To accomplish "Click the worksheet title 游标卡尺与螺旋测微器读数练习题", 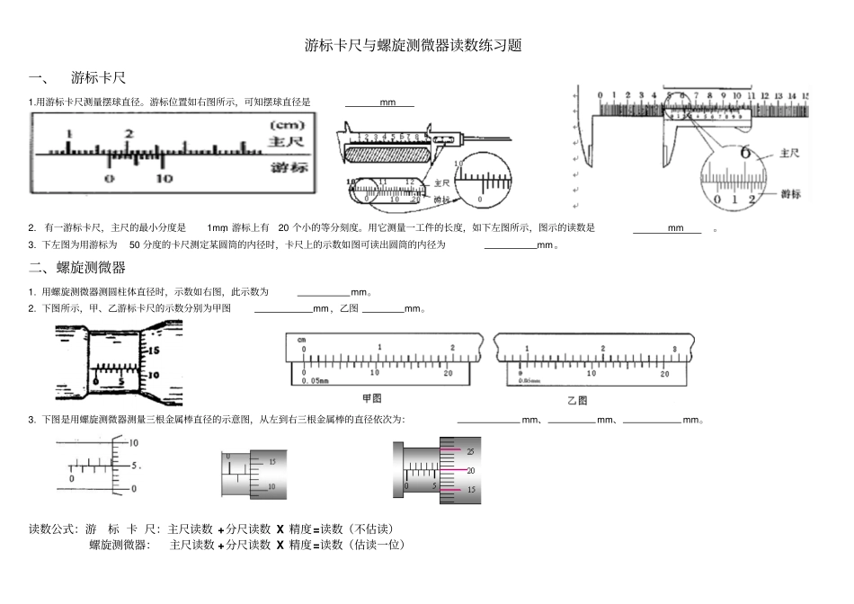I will pyautogui.click(x=414, y=45).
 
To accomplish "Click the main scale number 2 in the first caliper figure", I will pyautogui.click(x=128, y=134).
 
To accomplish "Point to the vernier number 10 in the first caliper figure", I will pyautogui.click(x=163, y=179).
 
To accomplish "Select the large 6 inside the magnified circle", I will pyautogui.click(x=744, y=152).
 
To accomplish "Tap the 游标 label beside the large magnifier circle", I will pyautogui.click(x=790, y=194).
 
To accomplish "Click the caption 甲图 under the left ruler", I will pyautogui.click(x=371, y=397).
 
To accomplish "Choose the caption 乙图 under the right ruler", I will pyautogui.click(x=577, y=399).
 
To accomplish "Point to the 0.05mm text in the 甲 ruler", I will pyautogui.click(x=315, y=381).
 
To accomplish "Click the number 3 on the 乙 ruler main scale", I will pyautogui.click(x=674, y=348).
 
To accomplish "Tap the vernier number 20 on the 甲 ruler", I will pyautogui.click(x=449, y=372).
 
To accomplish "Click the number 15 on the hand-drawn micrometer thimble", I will pyautogui.click(x=153, y=349).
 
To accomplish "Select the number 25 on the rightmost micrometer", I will pyautogui.click(x=470, y=451).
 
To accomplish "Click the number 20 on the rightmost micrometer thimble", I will pyautogui.click(x=470, y=471).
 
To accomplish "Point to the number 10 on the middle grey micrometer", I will pyautogui.click(x=271, y=486).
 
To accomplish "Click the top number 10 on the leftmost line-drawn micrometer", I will pyautogui.click(x=134, y=443).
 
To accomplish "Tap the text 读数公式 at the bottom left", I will pyautogui.click(x=53, y=528).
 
